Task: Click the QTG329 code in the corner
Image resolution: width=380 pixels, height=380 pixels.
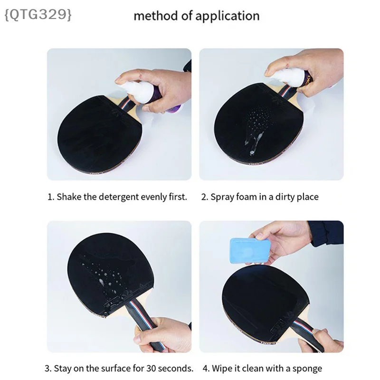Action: point(38,15)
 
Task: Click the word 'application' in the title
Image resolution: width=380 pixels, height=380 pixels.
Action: point(228,16)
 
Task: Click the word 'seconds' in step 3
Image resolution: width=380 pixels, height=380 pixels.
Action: point(176,369)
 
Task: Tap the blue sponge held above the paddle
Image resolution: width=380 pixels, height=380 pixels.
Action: point(250,251)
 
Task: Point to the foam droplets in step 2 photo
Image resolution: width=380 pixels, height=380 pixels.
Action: point(257,128)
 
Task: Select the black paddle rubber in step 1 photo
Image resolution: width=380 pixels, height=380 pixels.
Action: point(97,133)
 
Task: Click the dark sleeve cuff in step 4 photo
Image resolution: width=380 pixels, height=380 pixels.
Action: point(326,233)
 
